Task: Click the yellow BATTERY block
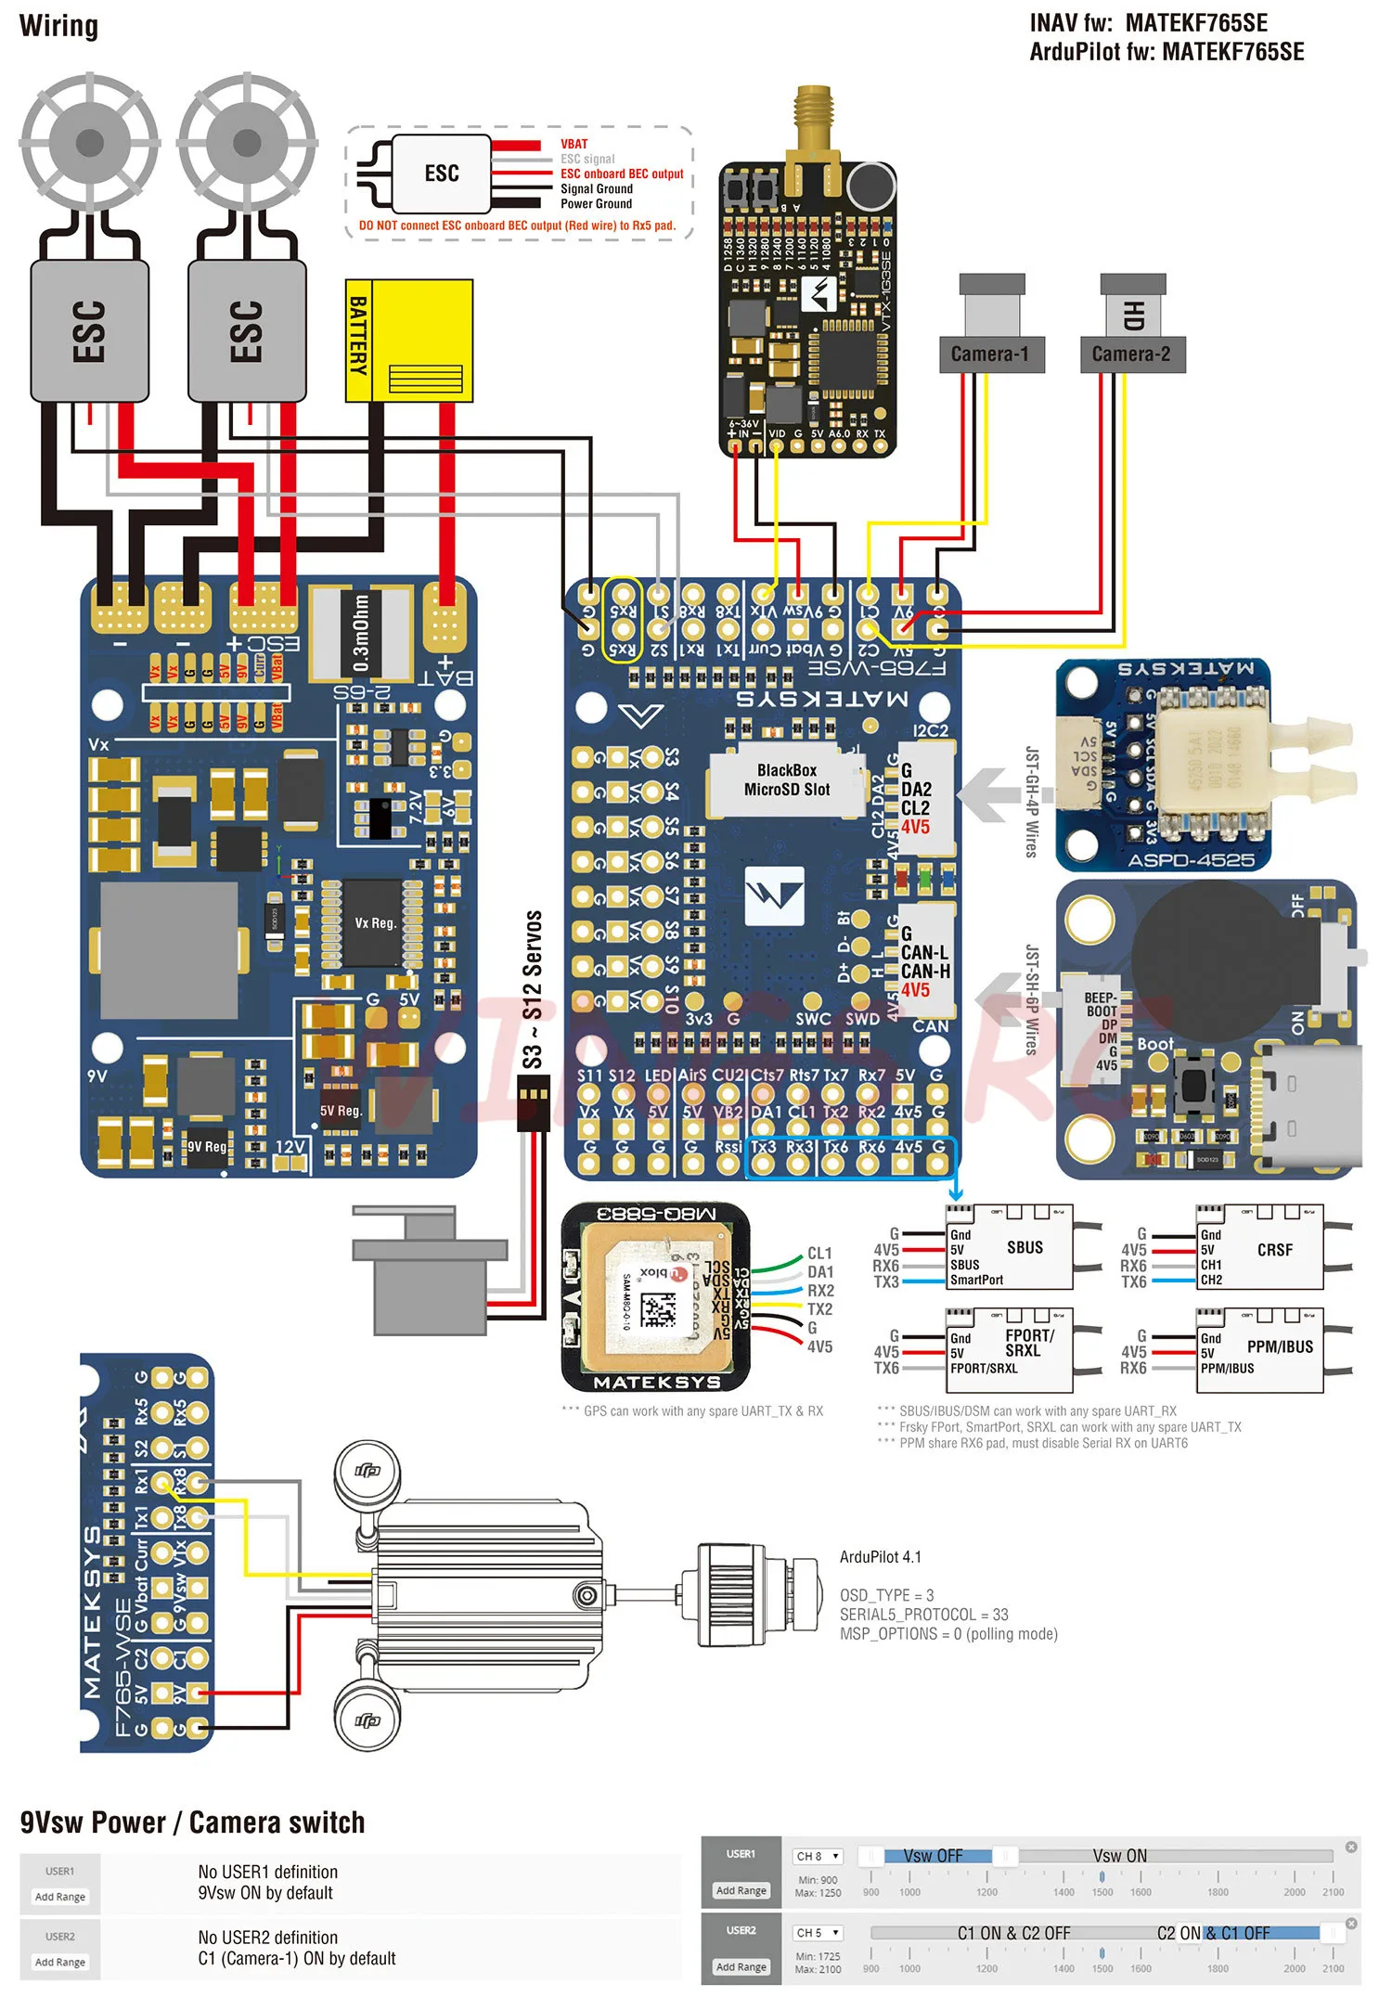[408, 341]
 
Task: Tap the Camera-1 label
[990, 354]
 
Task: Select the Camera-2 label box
[1132, 354]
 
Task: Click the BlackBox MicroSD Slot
[786, 780]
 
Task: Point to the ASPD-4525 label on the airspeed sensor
[1191, 860]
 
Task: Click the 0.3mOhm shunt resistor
[361, 633]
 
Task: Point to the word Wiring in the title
[58, 26]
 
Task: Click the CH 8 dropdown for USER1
[818, 1856]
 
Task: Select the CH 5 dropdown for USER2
[818, 1932]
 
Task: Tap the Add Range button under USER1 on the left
[60, 1897]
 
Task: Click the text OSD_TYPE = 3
[886, 1595]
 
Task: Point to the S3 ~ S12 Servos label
[533, 989]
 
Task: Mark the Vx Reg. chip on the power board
[374, 923]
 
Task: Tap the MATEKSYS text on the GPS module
[657, 1382]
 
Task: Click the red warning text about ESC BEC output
[517, 225]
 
